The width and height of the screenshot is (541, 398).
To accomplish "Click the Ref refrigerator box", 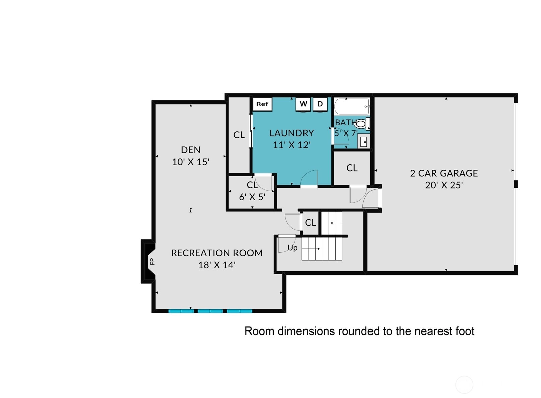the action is (262, 104).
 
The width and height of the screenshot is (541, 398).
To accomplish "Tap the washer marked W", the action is (303, 105).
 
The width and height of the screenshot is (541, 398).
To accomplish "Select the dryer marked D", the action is (320, 105).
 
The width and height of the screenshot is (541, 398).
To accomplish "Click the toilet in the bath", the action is (362, 124).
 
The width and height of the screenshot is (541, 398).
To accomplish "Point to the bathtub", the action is (352, 107).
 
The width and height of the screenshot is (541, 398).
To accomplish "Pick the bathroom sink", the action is (363, 141).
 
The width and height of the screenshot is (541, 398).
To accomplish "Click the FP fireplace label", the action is (152, 262).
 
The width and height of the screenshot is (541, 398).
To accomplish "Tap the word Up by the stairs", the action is (292, 248).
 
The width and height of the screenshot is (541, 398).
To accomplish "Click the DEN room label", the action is (191, 150).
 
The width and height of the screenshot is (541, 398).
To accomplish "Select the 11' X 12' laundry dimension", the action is (291, 145).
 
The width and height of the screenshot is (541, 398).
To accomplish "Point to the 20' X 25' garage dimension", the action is (444, 185).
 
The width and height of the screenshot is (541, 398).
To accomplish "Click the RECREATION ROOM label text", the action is (217, 253).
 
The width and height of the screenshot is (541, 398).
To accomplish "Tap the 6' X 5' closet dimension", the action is (252, 197).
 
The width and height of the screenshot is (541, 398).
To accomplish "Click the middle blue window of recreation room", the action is (210, 311).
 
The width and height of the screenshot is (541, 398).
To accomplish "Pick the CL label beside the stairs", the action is (310, 223).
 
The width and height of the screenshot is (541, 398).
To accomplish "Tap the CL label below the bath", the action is (352, 168).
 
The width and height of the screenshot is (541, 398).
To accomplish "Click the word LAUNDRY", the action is (291, 133).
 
